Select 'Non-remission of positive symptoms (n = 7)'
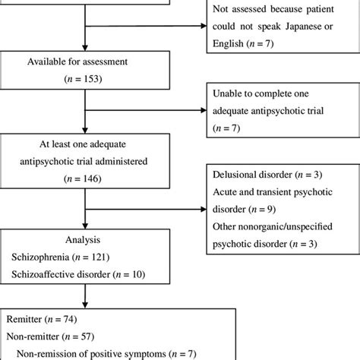click(x=114, y=352)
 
